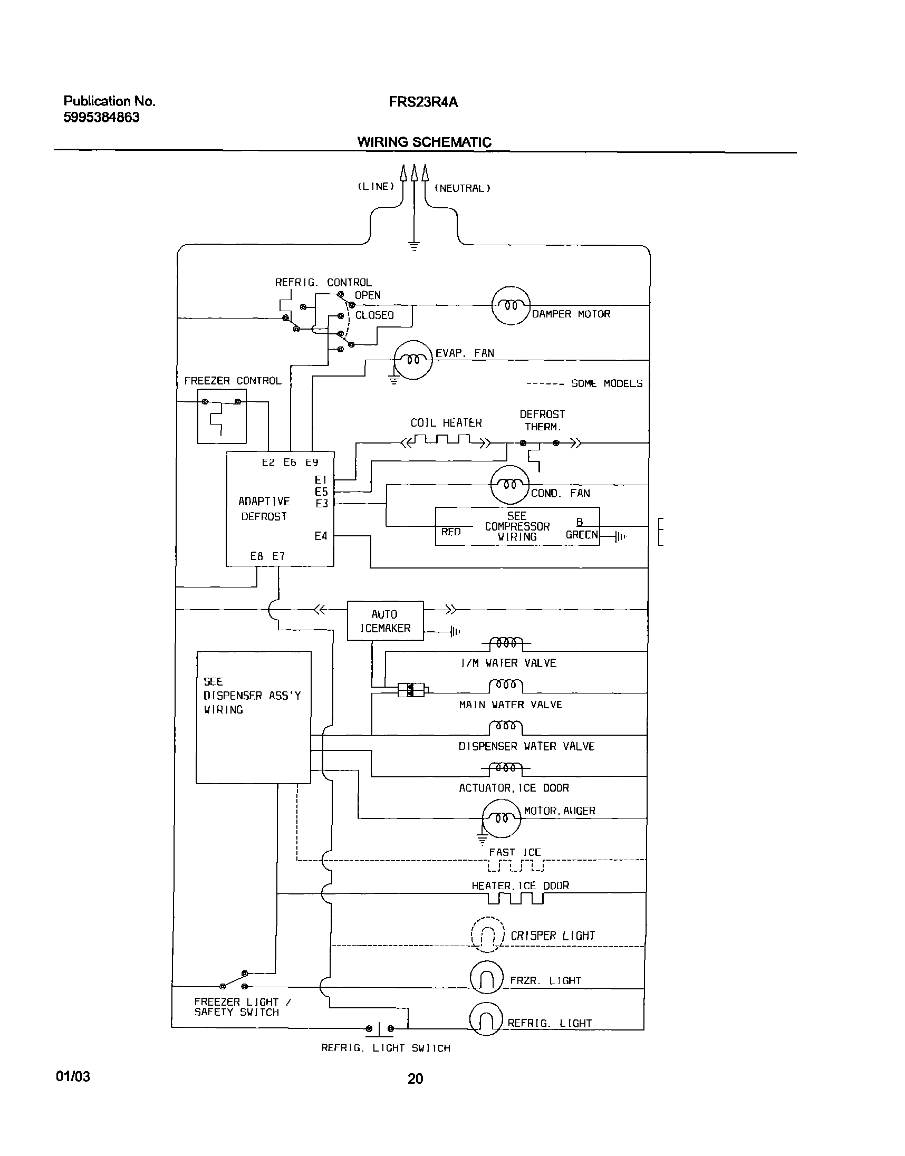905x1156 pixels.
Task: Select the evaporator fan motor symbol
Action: [x=413, y=360]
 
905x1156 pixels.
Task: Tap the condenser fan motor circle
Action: [x=510, y=485]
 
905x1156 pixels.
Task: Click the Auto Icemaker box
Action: [x=385, y=621]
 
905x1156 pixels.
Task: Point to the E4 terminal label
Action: [x=321, y=536]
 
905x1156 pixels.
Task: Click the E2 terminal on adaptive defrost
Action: [x=268, y=463]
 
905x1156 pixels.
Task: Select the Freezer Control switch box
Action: [x=222, y=417]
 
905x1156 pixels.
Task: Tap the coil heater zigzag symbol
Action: [x=445, y=441]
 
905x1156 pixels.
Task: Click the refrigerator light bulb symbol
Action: [x=486, y=1019]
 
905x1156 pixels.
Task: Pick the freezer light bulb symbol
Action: [x=486, y=977]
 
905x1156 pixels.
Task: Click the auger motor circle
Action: [x=501, y=818]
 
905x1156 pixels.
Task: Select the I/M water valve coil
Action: [x=506, y=644]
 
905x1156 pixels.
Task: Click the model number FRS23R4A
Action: [x=423, y=102]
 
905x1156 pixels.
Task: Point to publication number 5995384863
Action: [x=101, y=118]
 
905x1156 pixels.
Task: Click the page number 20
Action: [x=415, y=1078]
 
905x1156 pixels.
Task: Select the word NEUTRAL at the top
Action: [x=462, y=188]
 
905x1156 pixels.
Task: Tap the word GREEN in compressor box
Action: [x=581, y=535]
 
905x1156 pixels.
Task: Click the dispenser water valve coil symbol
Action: [x=506, y=727]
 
